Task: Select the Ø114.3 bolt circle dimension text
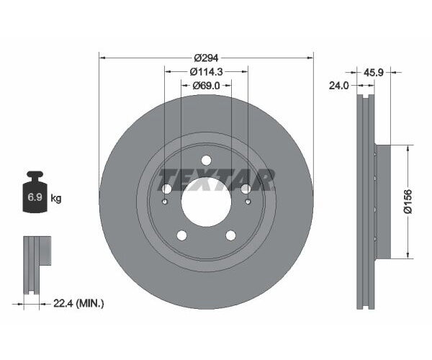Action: click(x=206, y=71)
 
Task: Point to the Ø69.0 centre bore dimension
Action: click(x=206, y=86)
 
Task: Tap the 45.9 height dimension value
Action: click(x=374, y=72)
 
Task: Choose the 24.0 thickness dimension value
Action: click(x=339, y=85)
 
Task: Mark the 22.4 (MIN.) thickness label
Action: click(x=79, y=305)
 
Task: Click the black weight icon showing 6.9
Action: click(x=33, y=194)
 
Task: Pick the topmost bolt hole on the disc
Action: click(x=206, y=160)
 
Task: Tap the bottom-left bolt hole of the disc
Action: click(x=181, y=235)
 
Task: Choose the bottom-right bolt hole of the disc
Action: click(x=230, y=235)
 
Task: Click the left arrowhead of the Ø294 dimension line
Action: click(x=102, y=56)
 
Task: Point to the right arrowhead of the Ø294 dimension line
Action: click(x=311, y=56)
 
